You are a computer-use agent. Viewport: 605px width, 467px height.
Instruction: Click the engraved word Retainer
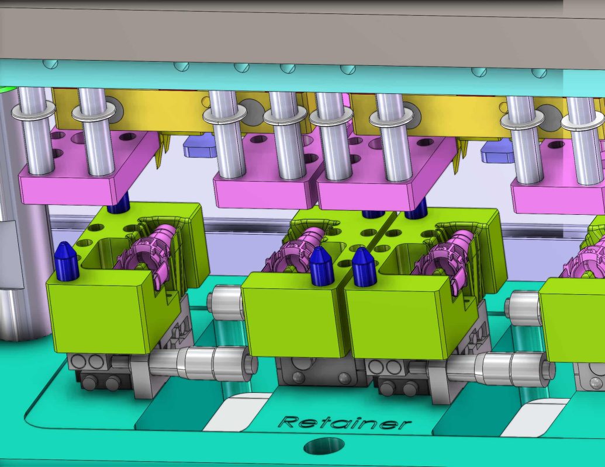pyautogui.click(x=345, y=423)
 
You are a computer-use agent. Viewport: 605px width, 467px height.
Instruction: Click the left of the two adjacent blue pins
pyautogui.click(x=320, y=266)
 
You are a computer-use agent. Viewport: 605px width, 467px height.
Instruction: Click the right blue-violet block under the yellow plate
pyautogui.click(x=496, y=151)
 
